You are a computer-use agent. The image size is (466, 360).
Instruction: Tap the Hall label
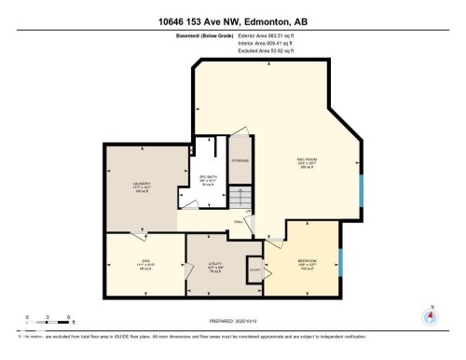tap(239, 221)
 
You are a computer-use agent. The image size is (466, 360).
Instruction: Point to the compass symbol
tap(430, 316)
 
